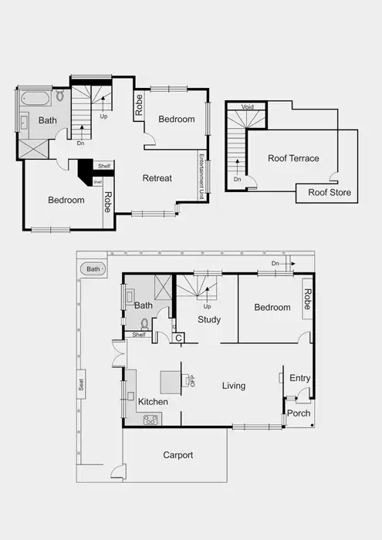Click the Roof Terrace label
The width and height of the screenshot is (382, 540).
pyautogui.click(x=293, y=158)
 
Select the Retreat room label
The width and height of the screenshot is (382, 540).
pyautogui.click(x=157, y=178)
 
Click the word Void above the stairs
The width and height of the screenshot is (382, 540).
pyautogui.click(x=248, y=107)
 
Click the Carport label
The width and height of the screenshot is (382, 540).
pyautogui.click(x=178, y=455)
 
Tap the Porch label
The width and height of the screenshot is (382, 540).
pyautogui.click(x=299, y=413)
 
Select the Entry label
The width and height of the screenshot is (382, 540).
pyautogui.click(x=299, y=378)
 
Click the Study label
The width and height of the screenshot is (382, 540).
pyautogui.click(x=209, y=319)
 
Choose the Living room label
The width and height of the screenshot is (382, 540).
pyautogui.click(x=234, y=386)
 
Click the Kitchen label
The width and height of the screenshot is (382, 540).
pyautogui.click(x=153, y=402)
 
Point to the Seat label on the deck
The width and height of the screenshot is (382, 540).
pyautogui.click(x=81, y=385)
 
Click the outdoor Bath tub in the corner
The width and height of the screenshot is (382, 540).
pyautogui.click(x=93, y=269)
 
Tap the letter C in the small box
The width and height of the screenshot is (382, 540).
pyautogui.click(x=178, y=337)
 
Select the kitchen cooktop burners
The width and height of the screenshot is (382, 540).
pyautogui.click(x=150, y=420)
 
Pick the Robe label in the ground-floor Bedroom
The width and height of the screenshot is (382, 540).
pyautogui.click(x=306, y=298)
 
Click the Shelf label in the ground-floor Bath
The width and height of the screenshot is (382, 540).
pyautogui.click(x=139, y=335)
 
